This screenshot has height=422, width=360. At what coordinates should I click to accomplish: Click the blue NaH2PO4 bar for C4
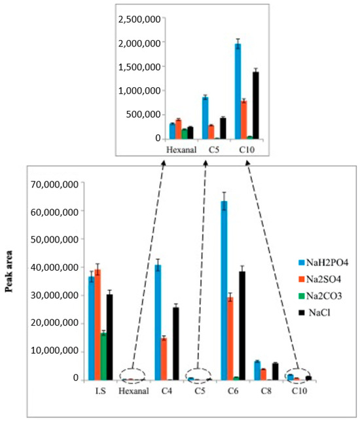[158, 322]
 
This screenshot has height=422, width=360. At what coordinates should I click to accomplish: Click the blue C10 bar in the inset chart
[238, 91]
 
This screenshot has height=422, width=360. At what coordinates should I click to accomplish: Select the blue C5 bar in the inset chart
[205, 117]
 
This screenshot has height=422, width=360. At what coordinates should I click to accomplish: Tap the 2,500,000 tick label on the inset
[139, 19]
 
